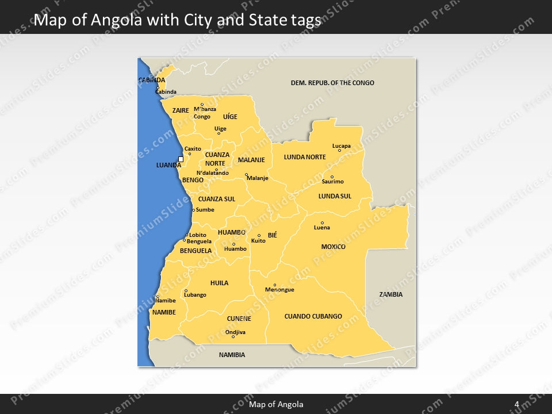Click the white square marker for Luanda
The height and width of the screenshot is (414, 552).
pyautogui.click(x=181, y=159)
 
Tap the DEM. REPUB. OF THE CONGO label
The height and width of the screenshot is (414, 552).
pyautogui.click(x=332, y=83)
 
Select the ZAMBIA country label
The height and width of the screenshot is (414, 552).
pyautogui.click(x=391, y=294)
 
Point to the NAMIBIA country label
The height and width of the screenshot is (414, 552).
pyautogui.click(x=232, y=355)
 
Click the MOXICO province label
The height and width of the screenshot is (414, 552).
pyautogui.click(x=333, y=247)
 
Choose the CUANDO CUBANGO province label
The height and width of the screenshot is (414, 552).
pyautogui.click(x=313, y=316)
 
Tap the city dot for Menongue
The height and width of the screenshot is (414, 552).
pyautogui.click(x=275, y=285)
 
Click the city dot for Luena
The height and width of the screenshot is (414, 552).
pyautogui.click(x=322, y=223)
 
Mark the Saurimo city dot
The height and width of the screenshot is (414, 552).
pyautogui.click(x=332, y=177)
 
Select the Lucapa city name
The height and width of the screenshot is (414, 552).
pyautogui.click(x=341, y=146)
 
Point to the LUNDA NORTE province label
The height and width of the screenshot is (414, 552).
pyautogui.click(x=305, y=157)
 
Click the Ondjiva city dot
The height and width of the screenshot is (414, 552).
pyautogui.click(x=233, y=336)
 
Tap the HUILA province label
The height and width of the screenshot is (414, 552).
pyautogui.click(x=219, y=283)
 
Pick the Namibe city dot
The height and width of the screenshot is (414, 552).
pyautogui.click(x=158, y=297)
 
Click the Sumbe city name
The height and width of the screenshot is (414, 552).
pyautogui.click(x=205, y=210)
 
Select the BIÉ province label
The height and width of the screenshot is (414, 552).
pyautogui.click(x=273, y=235)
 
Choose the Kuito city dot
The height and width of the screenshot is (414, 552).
pyautogui.click(x=259, y=235)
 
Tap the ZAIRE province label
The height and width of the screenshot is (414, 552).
pyautogui.click(x=181, y=110)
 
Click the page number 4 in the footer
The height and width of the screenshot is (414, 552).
pyautogui.click(x=517, y=404)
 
